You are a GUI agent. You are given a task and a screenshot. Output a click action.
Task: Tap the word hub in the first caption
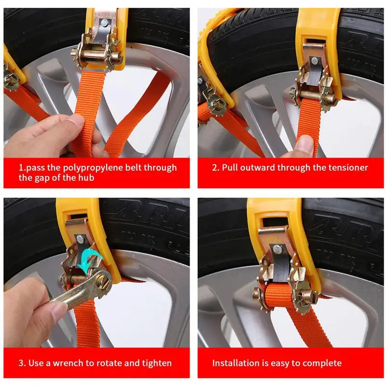[86, 178]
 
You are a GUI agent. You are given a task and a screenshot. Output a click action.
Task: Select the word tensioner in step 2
[348, 167]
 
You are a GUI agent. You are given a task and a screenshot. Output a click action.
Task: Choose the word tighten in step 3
[156, 363]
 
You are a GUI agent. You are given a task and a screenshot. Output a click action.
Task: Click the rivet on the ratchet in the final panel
[277, 248]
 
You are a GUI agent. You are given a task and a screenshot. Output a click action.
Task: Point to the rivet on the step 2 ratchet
[314, 60]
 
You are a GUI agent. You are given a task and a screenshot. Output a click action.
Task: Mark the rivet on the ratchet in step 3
[80, 238]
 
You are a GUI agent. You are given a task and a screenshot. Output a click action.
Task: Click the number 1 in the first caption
[21, 167]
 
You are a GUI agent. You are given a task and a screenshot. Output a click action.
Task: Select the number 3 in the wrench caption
[21, 363]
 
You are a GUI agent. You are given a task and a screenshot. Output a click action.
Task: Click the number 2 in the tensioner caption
[215, 167]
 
